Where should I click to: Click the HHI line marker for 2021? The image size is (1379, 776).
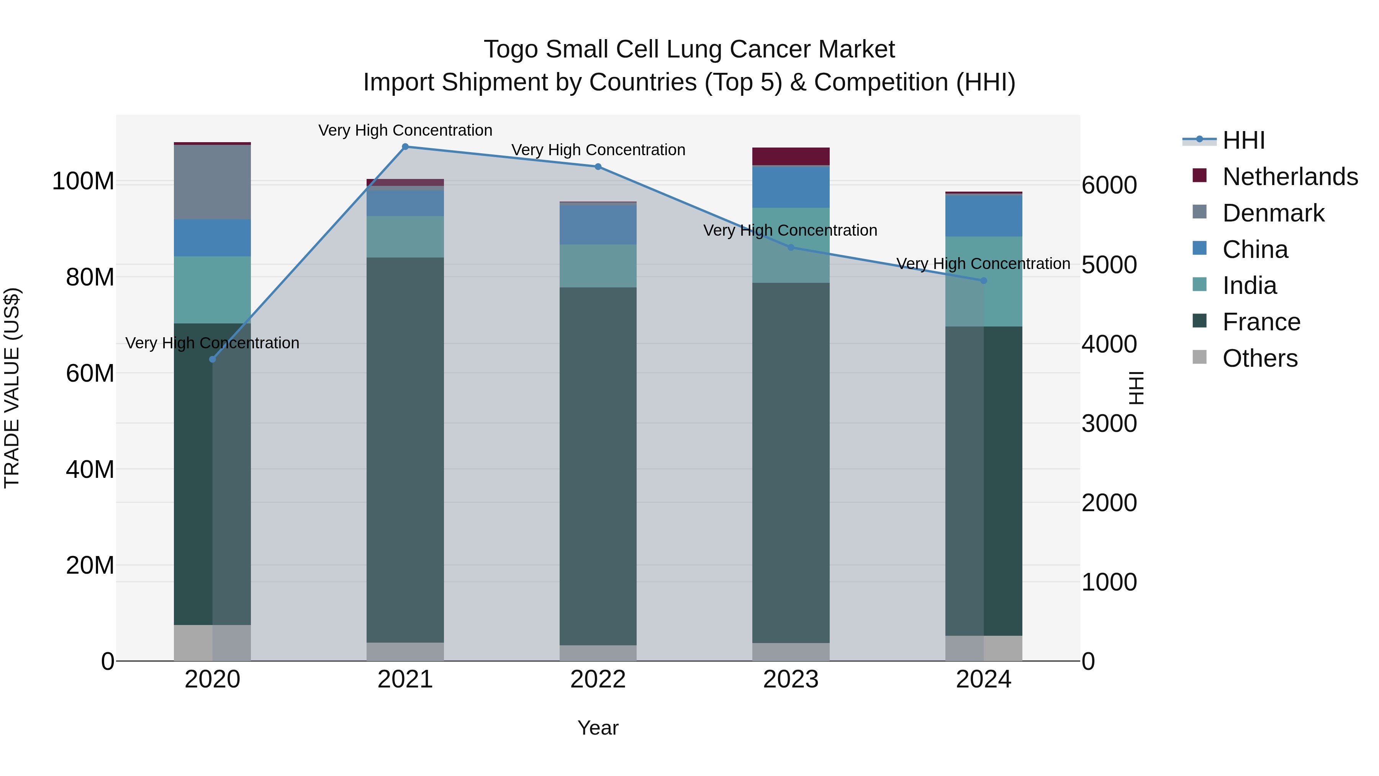click(x=405, y=147)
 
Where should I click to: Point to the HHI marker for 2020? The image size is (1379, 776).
click(x=213, y=359)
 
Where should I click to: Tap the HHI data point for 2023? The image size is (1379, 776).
click(x=791, y=248)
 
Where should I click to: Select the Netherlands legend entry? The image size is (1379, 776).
click(x=1290, y=177)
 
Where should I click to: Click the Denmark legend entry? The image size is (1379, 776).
click(x=1273, y=213)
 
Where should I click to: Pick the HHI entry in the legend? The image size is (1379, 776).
click(x=1243, y=140)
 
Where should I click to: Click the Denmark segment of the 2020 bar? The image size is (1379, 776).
click(x=213, y=182)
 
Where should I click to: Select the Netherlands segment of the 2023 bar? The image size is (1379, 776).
click(x=791, y=156)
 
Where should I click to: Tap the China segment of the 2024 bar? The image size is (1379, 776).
click(x=983, y=216)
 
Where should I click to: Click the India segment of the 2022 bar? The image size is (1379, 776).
click(x=598, y=266)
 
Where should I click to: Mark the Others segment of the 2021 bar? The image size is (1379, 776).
click(x=405, y=652)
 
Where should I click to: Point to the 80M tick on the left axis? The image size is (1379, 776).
click(x=90, y=277)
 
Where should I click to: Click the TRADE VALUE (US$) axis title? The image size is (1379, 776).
click(x=12, y=388)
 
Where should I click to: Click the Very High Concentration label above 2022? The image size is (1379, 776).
click(x=598, y=150)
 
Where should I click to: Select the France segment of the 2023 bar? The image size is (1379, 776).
click(x=791, y=463)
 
